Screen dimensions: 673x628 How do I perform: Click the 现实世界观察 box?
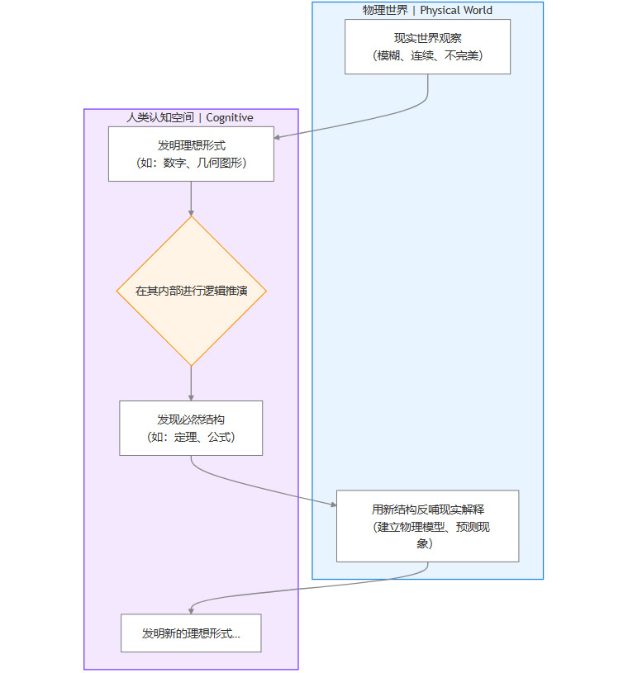427,46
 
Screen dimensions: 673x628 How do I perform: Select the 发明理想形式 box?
191,154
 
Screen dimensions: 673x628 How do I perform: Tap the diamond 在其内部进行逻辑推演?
191,291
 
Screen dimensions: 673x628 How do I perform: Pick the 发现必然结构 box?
191,428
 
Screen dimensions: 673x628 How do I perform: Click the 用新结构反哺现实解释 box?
427,525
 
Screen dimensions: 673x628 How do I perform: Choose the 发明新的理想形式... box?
191,633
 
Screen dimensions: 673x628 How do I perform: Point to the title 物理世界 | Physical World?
427,11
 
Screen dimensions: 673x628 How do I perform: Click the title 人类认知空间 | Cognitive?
190,118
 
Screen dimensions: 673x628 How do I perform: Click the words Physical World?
456,11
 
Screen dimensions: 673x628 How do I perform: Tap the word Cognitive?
230,118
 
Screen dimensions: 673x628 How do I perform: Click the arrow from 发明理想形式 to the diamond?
191,198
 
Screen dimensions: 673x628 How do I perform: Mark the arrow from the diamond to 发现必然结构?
191,383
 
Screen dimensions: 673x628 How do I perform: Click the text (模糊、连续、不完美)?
427,55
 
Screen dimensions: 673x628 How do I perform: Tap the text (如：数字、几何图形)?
191,163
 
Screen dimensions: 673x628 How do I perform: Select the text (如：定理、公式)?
191,437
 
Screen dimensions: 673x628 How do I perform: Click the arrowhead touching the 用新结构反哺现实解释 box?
332,506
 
